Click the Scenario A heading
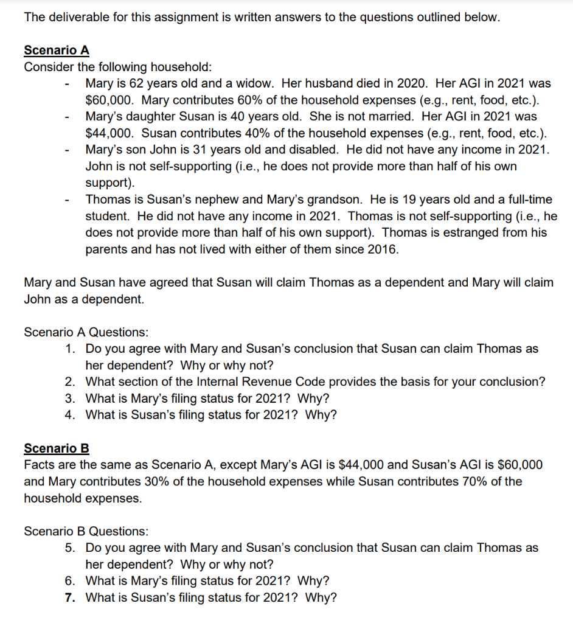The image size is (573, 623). coord(57,50)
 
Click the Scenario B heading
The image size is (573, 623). coord(57,448)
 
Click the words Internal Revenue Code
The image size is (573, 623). coord(275,382)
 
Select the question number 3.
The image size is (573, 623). coord(71,399)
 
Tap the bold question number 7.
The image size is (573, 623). coord(71,597)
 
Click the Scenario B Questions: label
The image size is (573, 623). coord(86,531)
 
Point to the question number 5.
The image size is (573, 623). coord(71,548)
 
